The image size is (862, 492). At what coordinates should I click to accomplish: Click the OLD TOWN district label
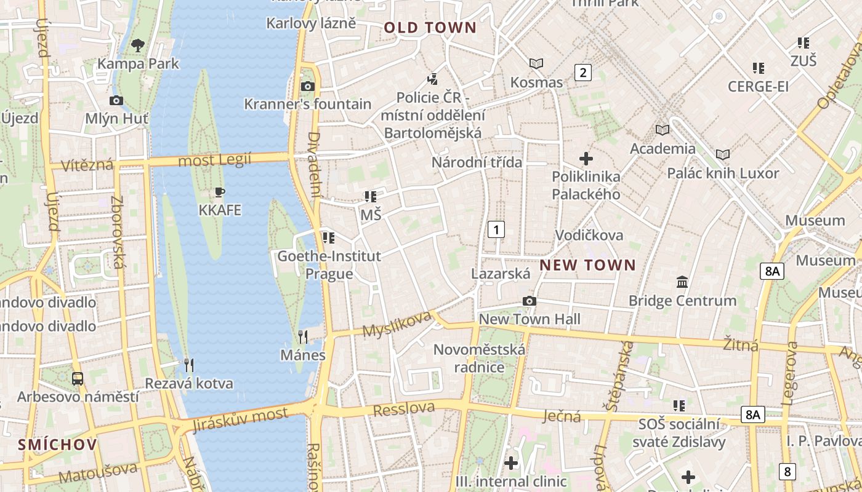point(430,28)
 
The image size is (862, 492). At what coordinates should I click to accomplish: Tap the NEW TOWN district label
point(587,265)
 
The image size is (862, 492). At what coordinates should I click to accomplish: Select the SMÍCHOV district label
point(57,445)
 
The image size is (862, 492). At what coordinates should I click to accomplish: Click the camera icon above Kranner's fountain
point(307,86)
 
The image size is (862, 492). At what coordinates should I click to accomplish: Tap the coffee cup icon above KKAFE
point(219,192)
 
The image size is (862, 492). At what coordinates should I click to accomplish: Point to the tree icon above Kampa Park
point(138,45)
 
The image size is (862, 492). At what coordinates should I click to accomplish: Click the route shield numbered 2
point(582,73)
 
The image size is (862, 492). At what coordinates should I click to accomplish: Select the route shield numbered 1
point(496,230)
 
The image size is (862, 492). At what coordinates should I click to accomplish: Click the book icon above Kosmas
point(536,63)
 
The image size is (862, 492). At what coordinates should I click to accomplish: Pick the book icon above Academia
point(663,130)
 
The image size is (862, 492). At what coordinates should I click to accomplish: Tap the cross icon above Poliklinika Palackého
point(586,159)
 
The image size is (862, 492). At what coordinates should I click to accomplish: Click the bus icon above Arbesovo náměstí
point(78,378)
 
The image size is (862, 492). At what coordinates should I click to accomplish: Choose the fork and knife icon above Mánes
point(302,336)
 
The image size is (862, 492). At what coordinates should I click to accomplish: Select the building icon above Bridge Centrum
point(682,282)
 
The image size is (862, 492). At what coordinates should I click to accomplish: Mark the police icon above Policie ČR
point(433,79)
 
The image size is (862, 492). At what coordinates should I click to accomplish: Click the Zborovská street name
point(118,232)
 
